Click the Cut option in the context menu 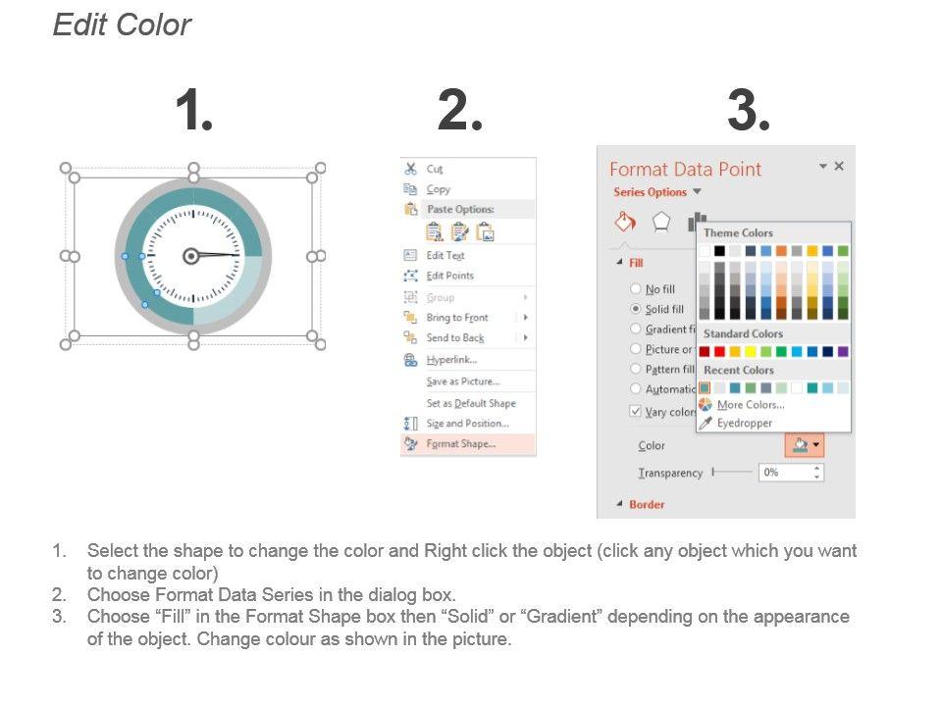click(x=435, y=170)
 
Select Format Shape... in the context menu click(x=461, y=444)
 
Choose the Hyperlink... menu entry click(x=451, y=360)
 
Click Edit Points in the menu click(x=450, y=276)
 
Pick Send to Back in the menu click(x=454, y=338)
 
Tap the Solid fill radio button click(x=636, y=309)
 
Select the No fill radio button click(x=636, y=288)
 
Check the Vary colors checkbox click(x=635, y=411)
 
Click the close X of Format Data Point click(x=839, y=166)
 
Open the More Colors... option click(x=751, y=405)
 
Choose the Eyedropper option click(x=745, y=423)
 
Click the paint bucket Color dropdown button click(x=805, y=445)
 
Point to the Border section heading click(x=647, y=504)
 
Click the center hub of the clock click(x=191, y=256)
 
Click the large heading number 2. click(x=459, y=110)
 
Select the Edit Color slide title click(x=122, y=25)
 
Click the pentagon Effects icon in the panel click(x=660, y=223)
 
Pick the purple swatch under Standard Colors click(x=843, y=351)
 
